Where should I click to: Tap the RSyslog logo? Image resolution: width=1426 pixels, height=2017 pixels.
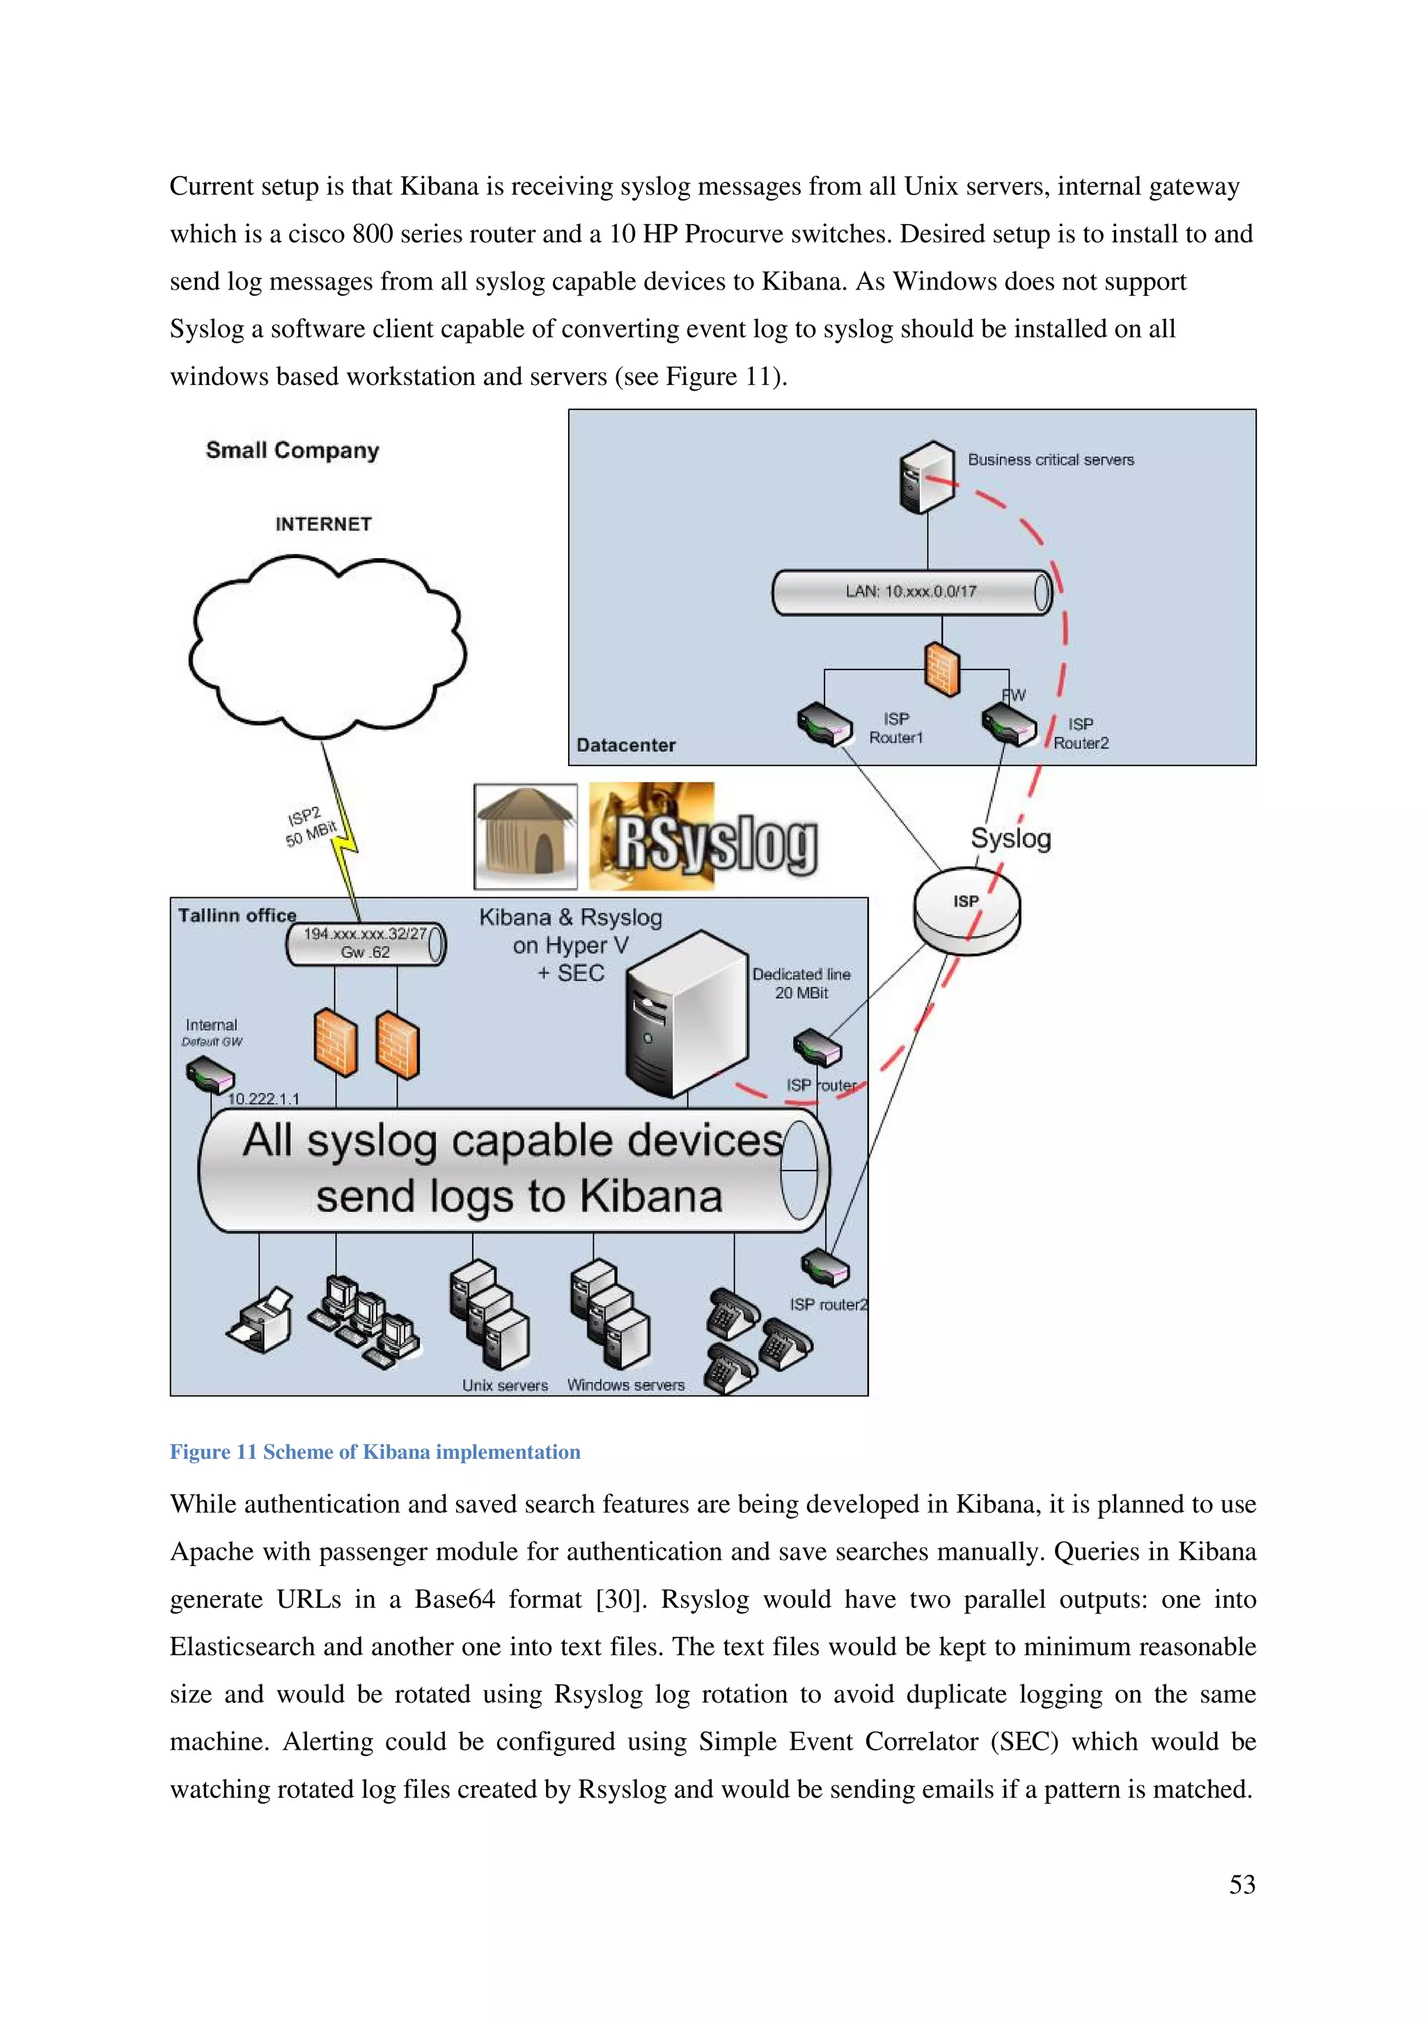point(703,837)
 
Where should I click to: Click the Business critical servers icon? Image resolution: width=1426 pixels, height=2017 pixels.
point(926,477)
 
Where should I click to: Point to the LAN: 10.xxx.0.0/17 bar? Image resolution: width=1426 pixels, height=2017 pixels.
point(911,592)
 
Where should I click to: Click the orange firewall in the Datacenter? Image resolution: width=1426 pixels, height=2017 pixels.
point(942,670)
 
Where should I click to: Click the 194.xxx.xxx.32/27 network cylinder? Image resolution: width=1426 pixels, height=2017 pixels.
point(366,944)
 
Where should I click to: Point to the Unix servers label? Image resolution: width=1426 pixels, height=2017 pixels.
point(506,1385)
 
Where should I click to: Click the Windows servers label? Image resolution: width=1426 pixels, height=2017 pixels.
point(625,1385)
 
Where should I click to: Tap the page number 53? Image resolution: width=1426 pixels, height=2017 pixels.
point(1241,1884)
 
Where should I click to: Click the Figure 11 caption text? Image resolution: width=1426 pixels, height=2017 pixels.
point(375,1452)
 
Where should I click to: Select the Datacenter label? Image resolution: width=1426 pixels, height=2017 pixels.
point(625,745)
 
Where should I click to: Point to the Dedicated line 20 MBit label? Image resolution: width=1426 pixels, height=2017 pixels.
point(801,983)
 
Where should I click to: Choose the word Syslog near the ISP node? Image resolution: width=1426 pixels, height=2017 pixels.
point(1010,838)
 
